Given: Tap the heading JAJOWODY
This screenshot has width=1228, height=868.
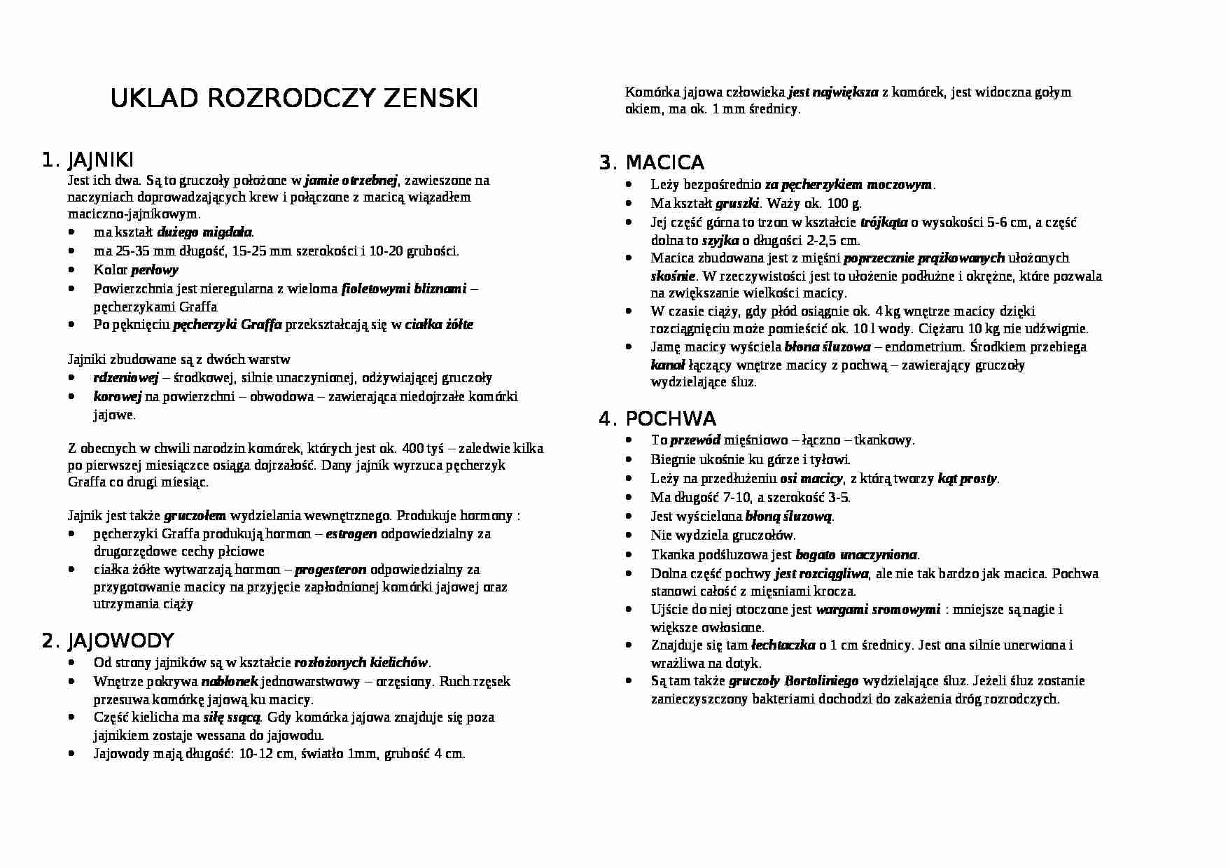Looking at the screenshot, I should [120, 640].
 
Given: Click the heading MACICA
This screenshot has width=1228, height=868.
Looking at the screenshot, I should [664, 163].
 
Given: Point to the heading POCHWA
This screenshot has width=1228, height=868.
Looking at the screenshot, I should [671, 419].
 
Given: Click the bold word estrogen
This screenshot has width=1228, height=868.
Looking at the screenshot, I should [351, 534].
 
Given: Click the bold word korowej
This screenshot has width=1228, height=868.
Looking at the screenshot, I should [117, 397].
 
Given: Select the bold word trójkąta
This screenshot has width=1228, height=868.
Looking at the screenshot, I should [884, 223].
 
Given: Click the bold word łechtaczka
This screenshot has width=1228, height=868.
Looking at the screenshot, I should [783, 645].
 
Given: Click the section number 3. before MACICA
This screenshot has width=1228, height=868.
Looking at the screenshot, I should [607, 163].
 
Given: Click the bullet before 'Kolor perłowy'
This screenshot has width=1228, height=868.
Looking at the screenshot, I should [74, 270].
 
